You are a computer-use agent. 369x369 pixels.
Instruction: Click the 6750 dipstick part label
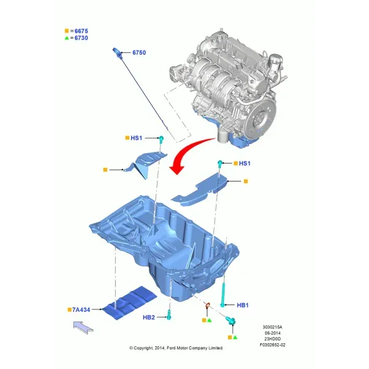139,52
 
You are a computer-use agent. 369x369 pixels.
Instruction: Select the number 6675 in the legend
81,31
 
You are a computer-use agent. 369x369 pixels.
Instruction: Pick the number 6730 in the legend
81,38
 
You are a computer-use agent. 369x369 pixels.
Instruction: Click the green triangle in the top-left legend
67,38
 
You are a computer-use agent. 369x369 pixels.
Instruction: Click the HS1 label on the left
137,138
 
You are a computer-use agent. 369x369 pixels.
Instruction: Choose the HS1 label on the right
245,164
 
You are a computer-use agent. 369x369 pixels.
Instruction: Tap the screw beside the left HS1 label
161,140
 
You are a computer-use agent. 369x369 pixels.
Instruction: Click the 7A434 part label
81,310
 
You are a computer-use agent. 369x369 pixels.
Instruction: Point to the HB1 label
243,305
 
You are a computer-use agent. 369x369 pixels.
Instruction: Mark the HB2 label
149,317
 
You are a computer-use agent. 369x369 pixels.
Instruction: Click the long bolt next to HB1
223,295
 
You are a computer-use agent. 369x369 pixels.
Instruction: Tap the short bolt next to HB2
169,315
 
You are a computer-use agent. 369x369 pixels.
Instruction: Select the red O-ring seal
208,304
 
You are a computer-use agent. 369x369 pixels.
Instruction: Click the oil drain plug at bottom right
231,320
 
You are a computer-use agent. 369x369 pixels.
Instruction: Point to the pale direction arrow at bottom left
83,327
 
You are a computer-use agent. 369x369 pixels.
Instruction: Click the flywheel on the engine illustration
260,117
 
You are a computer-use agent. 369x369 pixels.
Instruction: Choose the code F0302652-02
272,345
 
